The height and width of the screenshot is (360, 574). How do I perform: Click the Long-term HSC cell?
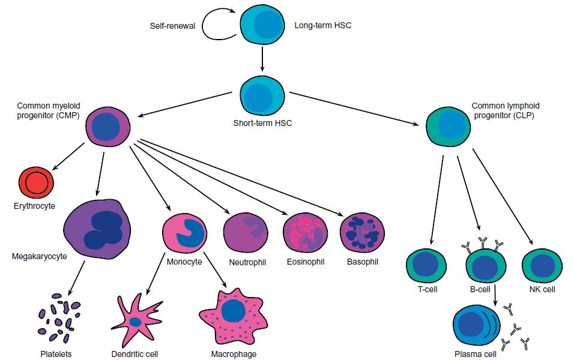pyautogui.click(x=262, y=25)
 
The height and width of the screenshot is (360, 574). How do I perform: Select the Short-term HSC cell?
pyautogui.click(x=262, y=95)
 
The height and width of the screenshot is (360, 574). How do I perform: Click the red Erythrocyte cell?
pyautogui.click(x=37, y=182)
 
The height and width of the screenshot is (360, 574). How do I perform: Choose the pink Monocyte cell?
pyautogui.click(x=184, y=233)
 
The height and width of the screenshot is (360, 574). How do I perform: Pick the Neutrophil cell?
pyautogui.click(x=246, y=235)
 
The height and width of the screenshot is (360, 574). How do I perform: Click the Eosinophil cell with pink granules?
pyautogui.click(x=306, y=235)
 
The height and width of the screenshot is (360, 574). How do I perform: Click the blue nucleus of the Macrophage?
pyautogui.click(x=232, y=311)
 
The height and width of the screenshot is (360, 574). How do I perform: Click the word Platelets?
pyautogui.click(x=55, y=353)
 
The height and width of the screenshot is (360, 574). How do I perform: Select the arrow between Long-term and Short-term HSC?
pyautogui.click(x=262, y=59)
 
